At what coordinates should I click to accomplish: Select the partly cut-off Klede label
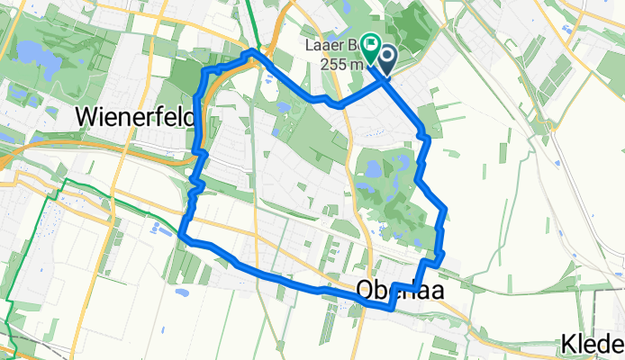[591, 344]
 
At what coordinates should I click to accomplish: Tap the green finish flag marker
[370, 42]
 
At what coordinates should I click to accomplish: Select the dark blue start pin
[387, 60]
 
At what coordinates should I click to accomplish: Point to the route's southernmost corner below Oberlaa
[390, 307]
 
